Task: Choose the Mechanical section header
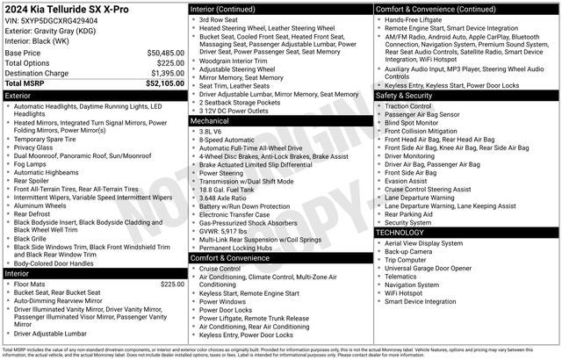tap(210, 120)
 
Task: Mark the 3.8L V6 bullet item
tap(211, 131)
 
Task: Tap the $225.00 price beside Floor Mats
tap(172, 284)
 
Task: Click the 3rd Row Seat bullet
tap(219, 19)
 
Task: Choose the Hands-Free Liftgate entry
tap(418, 19)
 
